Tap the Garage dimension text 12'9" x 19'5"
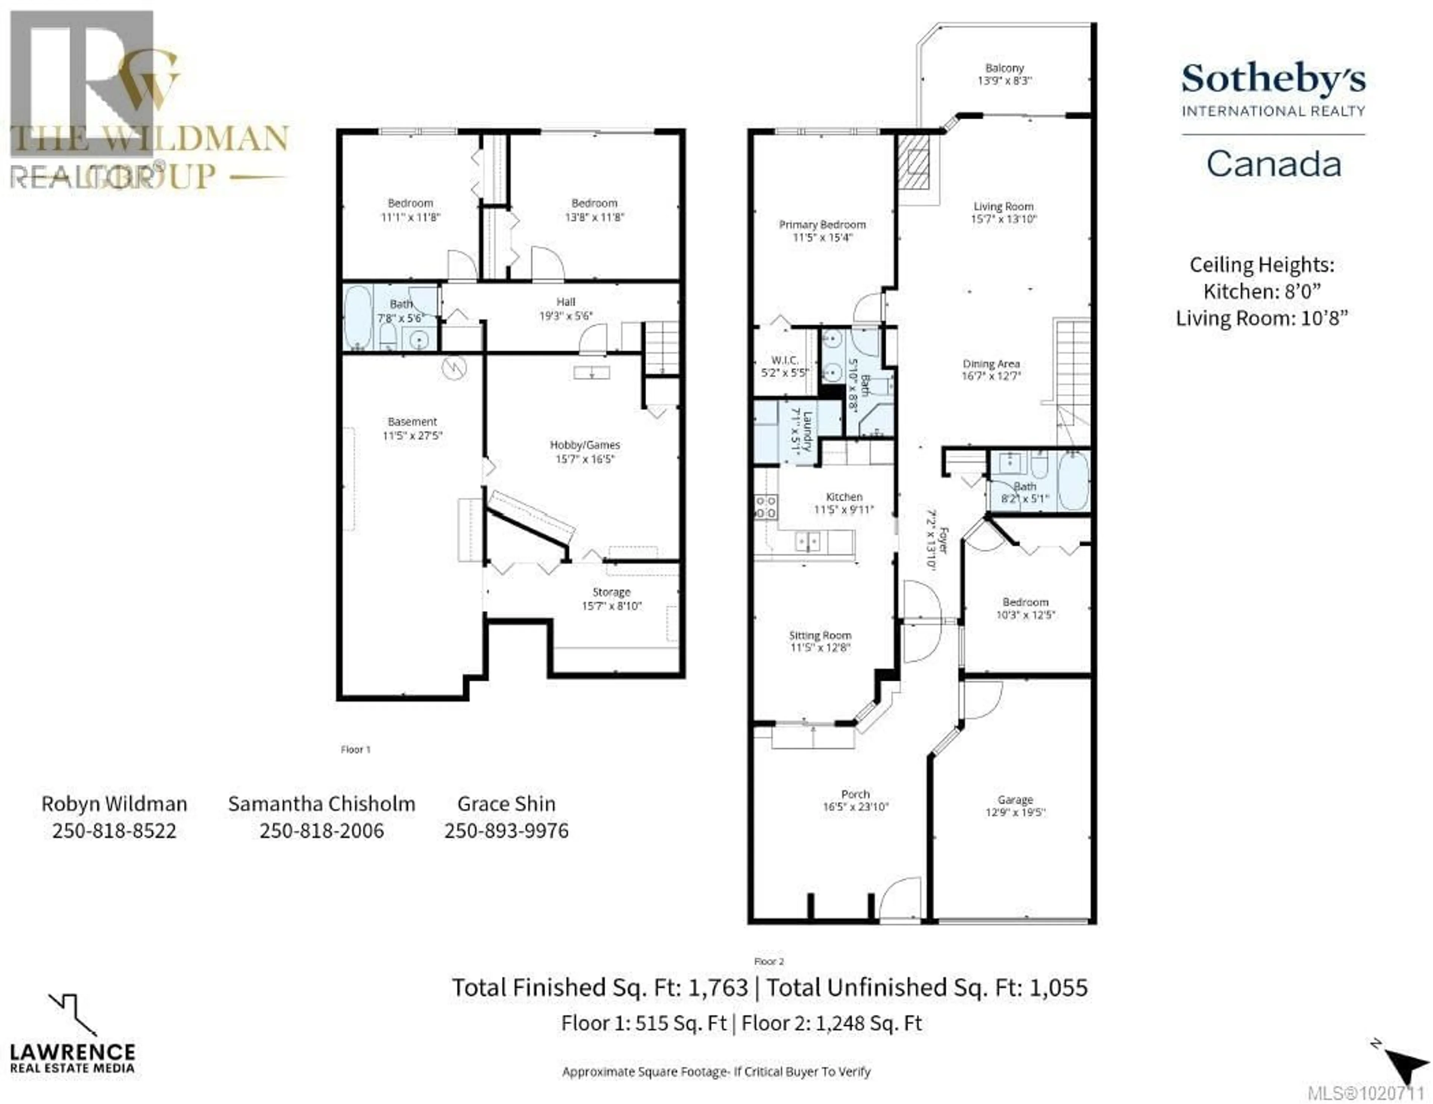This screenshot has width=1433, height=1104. (1015, 813)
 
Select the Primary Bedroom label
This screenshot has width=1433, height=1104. (822, 224)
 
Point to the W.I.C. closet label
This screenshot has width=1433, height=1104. (785, 360)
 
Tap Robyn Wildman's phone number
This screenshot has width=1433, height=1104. (114, 831)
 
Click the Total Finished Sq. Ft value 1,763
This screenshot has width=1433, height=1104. (718, 987)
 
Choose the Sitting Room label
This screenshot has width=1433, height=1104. (820, 635)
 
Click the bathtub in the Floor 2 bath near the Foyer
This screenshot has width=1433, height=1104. (1073, 481)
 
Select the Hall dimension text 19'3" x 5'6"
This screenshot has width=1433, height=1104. (566, 316)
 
